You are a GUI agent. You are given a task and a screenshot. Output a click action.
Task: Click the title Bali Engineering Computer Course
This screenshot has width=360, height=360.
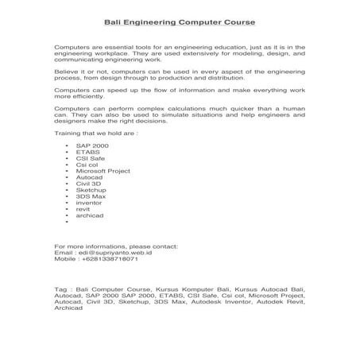pos(180,23)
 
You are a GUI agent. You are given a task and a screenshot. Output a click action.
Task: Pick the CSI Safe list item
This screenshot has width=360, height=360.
pos(90,160)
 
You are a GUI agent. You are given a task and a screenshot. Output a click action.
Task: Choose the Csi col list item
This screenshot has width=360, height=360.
pos(87,165)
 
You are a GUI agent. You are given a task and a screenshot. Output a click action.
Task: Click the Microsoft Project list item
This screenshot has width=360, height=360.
pos(103,171)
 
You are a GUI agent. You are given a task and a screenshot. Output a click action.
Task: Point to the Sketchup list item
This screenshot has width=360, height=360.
pos(91,192)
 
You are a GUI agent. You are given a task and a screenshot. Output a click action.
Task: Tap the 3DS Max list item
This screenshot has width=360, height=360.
pos(89,197)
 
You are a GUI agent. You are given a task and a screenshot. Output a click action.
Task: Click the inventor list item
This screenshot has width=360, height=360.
pos(89,203)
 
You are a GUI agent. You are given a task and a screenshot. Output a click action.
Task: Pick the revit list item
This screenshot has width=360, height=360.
pos(83,209)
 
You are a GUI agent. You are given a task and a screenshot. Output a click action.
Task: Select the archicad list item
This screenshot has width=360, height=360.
pos(90,215)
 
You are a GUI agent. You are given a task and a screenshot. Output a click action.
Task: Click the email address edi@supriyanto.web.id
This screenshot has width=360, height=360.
pos(109,254)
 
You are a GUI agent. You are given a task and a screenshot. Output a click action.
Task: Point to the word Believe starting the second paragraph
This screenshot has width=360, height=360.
pos(65,71)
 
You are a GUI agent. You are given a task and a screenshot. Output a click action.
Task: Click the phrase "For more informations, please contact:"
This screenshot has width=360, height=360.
pos(114,247)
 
